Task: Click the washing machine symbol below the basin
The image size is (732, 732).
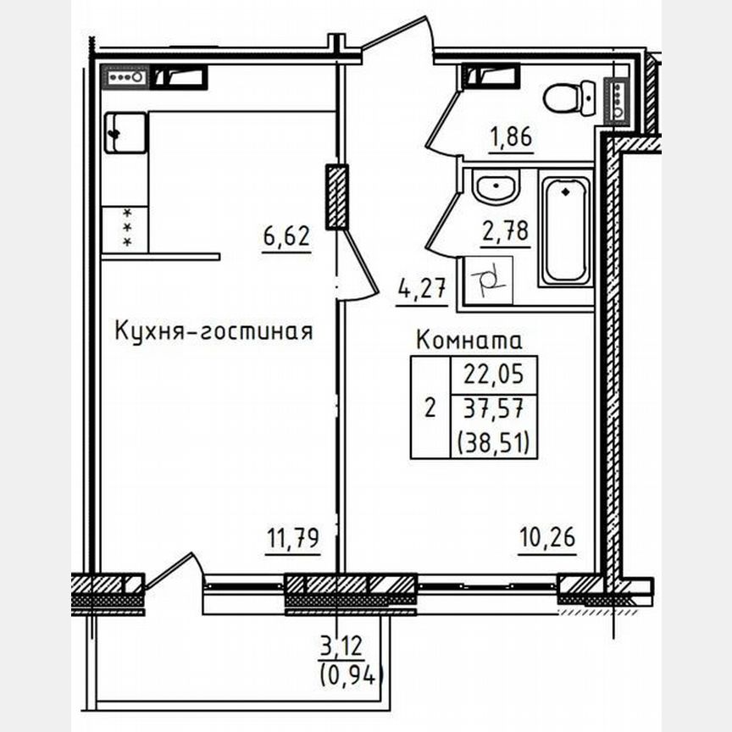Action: [x=489, y=279]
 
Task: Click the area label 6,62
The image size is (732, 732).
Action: [x=286, y=236]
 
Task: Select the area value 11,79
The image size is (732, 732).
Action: [x=292, y=538]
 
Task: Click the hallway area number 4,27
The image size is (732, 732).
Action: [x=421, y=290]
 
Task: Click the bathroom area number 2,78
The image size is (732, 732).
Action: [x=506, y=230]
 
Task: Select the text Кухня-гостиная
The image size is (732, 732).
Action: [x=213, y=331]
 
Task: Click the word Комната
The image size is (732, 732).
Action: [x=469, y=341]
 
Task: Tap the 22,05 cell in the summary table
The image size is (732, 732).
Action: [x=494, y=374]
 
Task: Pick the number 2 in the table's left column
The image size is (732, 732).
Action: [x=430, y=408]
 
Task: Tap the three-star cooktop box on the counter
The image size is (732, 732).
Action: [x=125, y=229]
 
